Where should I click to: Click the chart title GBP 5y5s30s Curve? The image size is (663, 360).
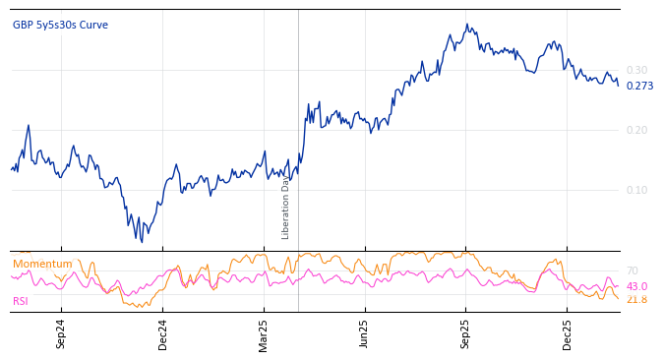[x=60, y=26]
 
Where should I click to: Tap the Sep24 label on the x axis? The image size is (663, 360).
[x=61, y=333]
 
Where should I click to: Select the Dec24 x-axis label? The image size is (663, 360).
[x=162, y=333]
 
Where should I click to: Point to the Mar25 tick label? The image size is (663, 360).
[x=264, y=333]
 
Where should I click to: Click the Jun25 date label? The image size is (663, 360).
[x=365, y=333]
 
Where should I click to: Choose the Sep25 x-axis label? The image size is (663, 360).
[x=466, y=333]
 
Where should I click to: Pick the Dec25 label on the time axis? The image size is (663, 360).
[x=568, y=333]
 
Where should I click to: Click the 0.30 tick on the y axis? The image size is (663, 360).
[x=636, y=71]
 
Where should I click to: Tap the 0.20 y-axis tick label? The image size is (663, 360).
[x=636, y=130]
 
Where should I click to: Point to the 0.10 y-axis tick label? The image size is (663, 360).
[x=636, y=190]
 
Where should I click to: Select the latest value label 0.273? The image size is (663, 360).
[x=639, y=87]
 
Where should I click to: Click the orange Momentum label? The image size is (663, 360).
[x=42, y=265]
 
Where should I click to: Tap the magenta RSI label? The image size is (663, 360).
[x=21, y=301]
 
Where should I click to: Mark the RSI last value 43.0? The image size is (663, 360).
[x=636, y=286]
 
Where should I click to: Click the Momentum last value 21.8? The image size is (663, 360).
[x=636, y=299]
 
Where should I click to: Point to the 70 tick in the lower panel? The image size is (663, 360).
[x=632, y=270]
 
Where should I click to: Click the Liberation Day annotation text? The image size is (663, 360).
[x=286, y=208]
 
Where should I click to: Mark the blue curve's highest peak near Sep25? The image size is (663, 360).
[x=467, y=26]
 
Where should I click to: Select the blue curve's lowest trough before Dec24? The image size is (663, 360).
[x=142, y=242]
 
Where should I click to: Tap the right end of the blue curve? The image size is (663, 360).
[x=619, y=86]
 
